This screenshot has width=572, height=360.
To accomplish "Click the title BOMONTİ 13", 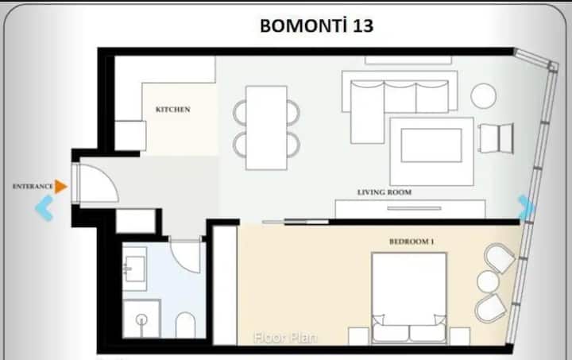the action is point(317,25).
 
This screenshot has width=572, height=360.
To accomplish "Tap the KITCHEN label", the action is point(173,110).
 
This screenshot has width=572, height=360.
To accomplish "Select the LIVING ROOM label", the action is point(385,192).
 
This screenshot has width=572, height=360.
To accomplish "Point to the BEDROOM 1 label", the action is point(412,242).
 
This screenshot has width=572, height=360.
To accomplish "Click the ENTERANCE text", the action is point(33,187).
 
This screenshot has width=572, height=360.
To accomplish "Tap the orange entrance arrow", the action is point(61,187).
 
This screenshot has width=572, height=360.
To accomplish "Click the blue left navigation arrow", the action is point(44,208).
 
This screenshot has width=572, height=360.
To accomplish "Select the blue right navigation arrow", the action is point(526,208).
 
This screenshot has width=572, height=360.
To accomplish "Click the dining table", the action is point(266,128).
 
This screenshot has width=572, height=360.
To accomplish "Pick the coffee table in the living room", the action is point(431,145).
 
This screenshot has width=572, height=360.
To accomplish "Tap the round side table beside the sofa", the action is point(483,96).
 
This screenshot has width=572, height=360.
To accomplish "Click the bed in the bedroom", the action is point(409,298).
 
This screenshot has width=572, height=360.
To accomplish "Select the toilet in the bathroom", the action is point(186,324).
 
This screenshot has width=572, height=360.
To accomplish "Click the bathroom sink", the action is point(134,269).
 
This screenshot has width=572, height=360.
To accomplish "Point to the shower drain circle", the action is point(141,320).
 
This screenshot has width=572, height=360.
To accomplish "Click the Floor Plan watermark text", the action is point(286,338).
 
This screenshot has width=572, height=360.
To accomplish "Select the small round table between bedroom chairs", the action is point(488,282).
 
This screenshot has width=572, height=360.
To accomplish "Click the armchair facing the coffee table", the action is point(497,138).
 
